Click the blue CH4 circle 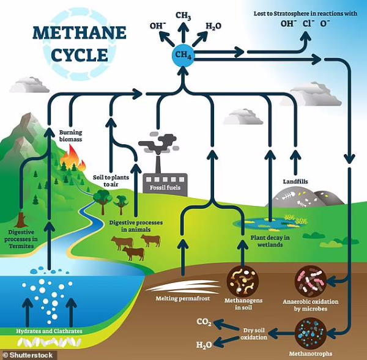183,55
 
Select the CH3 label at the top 183,16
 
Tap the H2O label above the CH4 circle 213,26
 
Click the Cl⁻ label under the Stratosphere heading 308,24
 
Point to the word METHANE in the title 80,33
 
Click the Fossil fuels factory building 165,183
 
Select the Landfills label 295,182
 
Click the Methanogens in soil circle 243,282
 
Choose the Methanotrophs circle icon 310,333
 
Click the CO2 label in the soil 204,322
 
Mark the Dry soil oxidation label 254,334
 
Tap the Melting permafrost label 183,298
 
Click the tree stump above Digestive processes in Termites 21,220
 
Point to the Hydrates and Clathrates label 49,331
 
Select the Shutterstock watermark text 28,355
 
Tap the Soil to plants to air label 111,181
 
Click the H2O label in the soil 204,345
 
